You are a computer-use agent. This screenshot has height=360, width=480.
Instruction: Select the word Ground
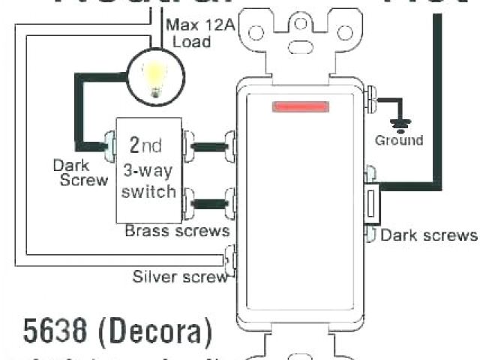[399, 140]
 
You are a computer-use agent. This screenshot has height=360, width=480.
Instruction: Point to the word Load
[192, 41]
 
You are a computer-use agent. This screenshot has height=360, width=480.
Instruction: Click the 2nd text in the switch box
[145, 145]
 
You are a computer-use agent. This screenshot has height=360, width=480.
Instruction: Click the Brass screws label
[177, 230]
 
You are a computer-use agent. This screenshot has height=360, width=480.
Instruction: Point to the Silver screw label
[180, 277]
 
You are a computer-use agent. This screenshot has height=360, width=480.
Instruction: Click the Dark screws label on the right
[428, 235]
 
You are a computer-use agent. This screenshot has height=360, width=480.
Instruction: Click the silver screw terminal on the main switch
[232, 258]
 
